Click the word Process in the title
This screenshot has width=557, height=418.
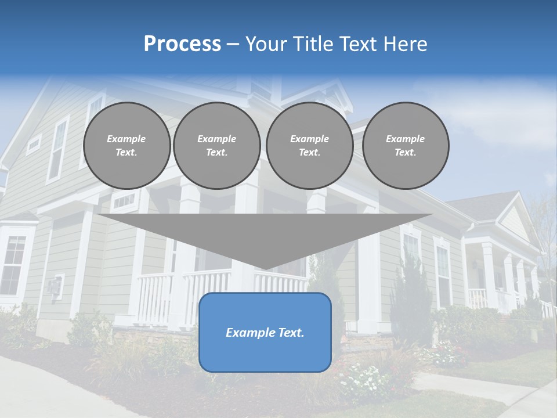pyautogui.click(x=182, y=44)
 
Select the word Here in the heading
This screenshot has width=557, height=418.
pyautogui.click(x=405, y=44)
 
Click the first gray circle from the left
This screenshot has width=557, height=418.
pyautogui.click(x=126, y=146)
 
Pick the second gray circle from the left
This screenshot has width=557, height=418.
pyautogui.click(x=216, y=146)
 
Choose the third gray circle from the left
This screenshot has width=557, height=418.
pyautogui.click(x=309, y=146)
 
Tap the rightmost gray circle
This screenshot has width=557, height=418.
pyautogui.click(x=405, y=146)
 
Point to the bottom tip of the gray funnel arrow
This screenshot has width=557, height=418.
pyautogui.click(x=265, y=268)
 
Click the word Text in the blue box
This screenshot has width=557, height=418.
pyautogui.click(x=291, y=333)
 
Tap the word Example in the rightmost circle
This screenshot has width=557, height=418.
pyautogui.click(x=405, y=139)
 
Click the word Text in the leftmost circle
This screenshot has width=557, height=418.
pyautogui.click(x=126, y=153)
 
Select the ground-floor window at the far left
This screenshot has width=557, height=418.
pyautogui.click(x=13, y=264)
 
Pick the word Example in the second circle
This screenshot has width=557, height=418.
pyautogui.click(x=216, y=139)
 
